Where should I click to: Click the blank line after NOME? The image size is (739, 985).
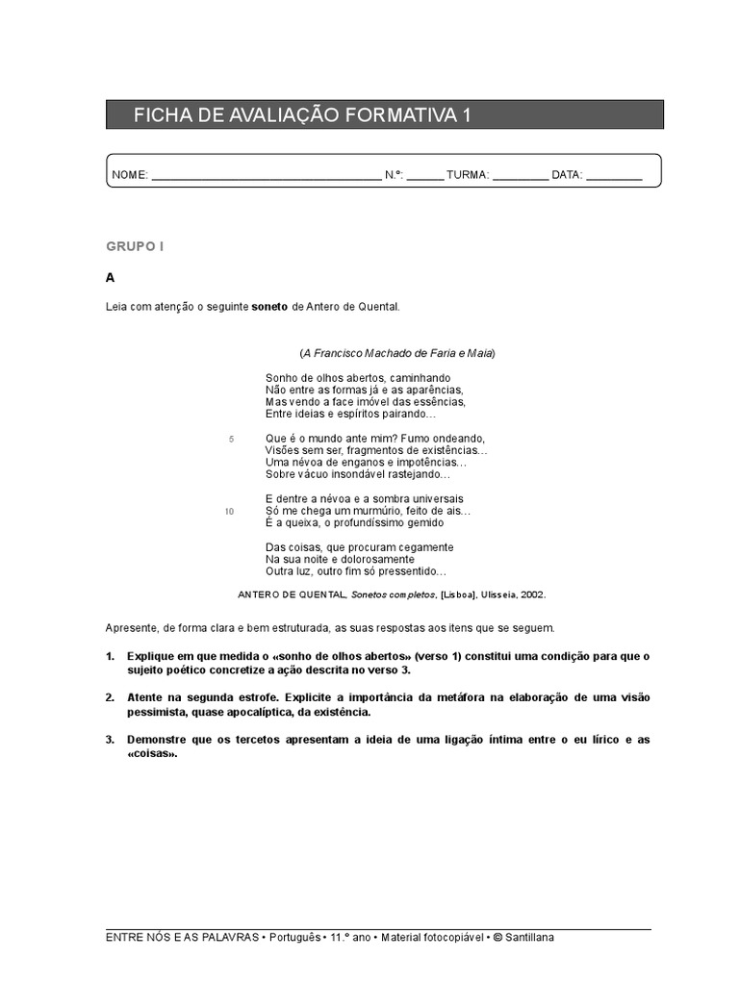(x=267, y=178)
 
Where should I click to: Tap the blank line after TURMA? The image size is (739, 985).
(x=521, y=178)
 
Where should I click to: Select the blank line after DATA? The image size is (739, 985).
(x=614, y=178)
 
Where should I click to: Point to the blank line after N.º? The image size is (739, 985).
(x=425, y=178)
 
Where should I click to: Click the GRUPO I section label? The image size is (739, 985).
(x=135, y=247)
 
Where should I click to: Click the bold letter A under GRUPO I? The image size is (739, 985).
(x=111, y=278)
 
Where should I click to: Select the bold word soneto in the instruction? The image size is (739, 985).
(x=269, y=307)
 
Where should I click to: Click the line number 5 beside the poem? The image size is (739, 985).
(x=231, y=439)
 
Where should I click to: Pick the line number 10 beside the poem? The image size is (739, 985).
(x=229, y=512)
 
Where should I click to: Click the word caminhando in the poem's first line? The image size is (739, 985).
(x=420, y=378)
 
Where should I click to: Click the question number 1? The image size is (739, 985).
(x=110, y=656)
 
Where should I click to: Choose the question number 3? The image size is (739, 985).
(x=110, y=740)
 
